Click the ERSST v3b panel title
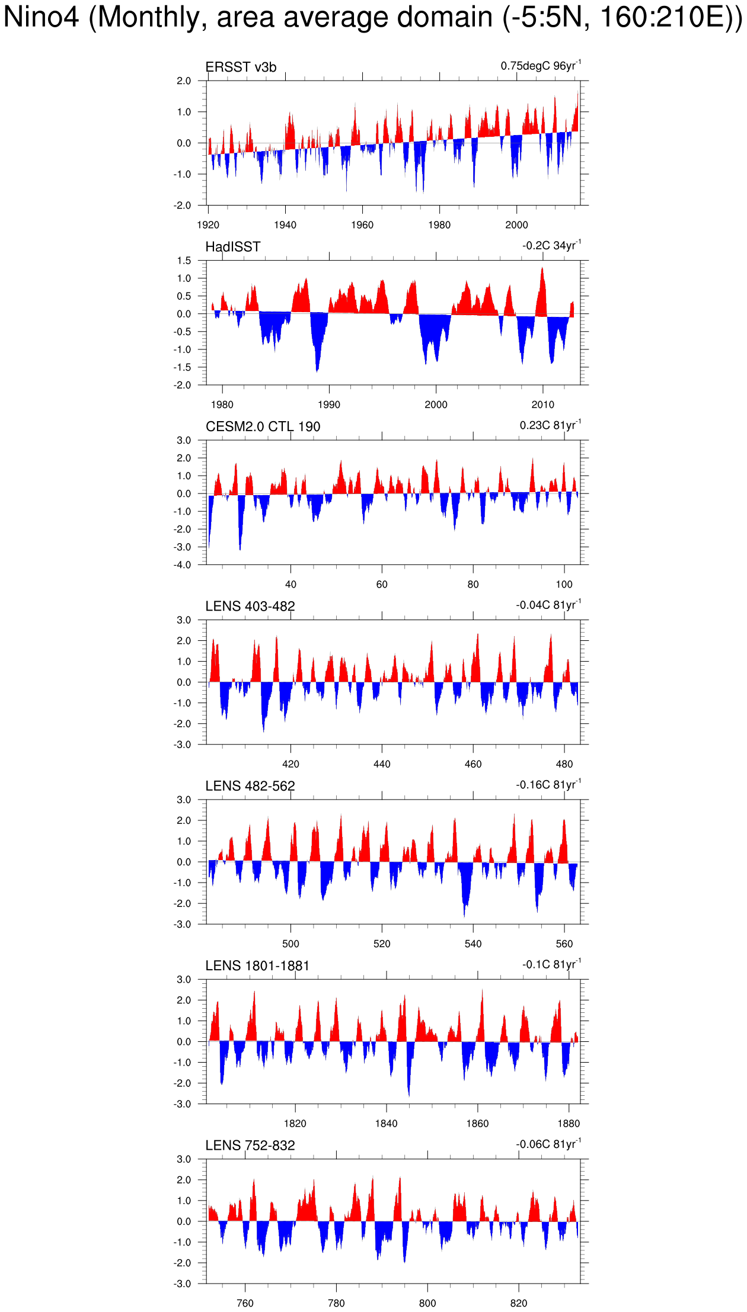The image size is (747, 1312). (241, 68)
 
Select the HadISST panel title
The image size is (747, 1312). (233, 247)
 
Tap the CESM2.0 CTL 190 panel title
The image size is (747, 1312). (263, 426)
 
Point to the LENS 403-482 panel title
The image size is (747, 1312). (250, 607)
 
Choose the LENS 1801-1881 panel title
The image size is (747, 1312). (257, 966)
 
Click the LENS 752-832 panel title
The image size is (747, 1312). (250, 1146)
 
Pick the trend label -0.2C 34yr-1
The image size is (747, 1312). (551, 245)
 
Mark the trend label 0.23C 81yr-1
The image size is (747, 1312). (550, 425)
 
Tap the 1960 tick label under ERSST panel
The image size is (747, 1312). (362, 225)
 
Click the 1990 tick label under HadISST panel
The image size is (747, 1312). (329, 405)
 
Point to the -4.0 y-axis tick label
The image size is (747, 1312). (183, 565)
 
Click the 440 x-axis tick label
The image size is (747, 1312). (382, 764)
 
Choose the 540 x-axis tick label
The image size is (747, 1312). (473, 944)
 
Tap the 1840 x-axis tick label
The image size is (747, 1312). (386, 1124)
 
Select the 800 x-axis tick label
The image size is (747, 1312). (427, 1303)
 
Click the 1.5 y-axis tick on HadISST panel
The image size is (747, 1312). (184, 261)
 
